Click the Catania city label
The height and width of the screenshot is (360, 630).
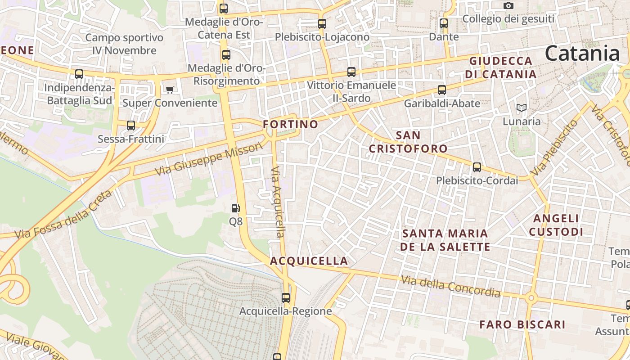(582, 54)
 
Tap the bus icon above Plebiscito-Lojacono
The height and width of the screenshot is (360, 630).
(322, 24)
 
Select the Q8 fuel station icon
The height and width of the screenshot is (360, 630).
(235, 208)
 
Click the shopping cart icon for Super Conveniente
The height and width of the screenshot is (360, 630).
(170, 90)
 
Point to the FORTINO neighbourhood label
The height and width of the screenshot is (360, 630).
(290, 124)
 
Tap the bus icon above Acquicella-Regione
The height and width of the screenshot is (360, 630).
(286, 297)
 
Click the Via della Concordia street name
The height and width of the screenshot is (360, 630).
(450, 287)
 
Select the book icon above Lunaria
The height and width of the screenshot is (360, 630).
(522, 108)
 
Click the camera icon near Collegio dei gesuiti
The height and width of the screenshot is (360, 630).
(508, 6)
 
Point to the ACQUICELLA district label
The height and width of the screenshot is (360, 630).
(309, 261)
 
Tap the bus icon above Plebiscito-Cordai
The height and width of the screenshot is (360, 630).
(477, 167)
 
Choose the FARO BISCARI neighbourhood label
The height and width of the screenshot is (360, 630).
(522, 324)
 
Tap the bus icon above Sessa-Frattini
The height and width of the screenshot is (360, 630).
(131, 126)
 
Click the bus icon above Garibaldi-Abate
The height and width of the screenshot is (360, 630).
(442, 90)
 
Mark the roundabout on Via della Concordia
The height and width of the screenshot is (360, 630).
(531, 297)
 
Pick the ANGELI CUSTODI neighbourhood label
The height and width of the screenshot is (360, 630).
(556, 225)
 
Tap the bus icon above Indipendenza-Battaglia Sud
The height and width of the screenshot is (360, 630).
(79, 74)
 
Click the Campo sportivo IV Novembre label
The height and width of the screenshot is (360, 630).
(124, 44)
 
